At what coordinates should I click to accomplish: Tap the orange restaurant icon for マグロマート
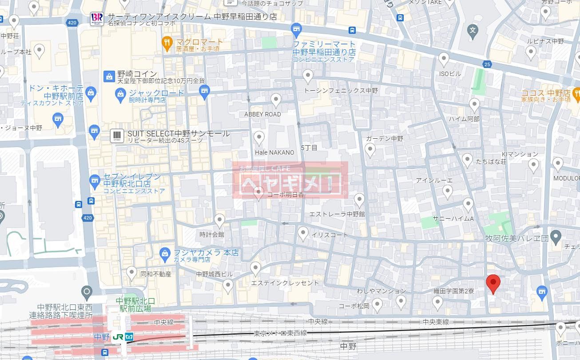point(167,43)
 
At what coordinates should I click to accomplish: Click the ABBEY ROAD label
point(262,114)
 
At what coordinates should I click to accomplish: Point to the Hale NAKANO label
point(274,152)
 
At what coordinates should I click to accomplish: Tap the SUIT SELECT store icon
point(117,136)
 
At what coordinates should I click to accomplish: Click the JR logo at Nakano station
point(118,337)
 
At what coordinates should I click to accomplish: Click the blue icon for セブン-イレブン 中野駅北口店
point(94,180)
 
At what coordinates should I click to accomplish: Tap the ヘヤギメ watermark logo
point(290,180)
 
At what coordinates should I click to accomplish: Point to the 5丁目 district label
point(309,148)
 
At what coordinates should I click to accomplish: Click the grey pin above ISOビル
point(444,59)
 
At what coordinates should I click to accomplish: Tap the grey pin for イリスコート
point(303,232)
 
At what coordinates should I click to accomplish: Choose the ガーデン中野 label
point(385,139)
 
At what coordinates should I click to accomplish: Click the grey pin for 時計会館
point(219,220)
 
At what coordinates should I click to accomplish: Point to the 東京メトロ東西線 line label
point(280,333)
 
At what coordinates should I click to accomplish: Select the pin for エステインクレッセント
point(255,268)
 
